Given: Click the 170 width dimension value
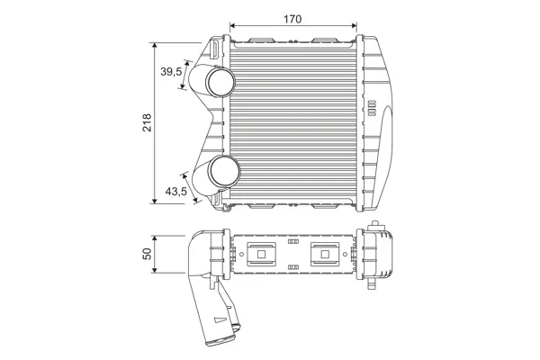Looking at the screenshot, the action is tap(292, 19).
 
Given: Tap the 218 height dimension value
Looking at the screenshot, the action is tap(147, 122).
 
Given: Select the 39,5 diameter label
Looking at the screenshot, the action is tap(171, 72).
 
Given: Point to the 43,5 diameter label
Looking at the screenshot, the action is tap(176, 191).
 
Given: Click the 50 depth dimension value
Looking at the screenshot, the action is tap(147, 254).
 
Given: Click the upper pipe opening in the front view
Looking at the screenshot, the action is tap(220, 82).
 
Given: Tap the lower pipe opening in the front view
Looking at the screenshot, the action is tap(225, 171).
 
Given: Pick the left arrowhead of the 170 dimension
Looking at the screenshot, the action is tap(232, 25).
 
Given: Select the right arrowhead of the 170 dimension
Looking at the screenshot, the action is tap(354, 25).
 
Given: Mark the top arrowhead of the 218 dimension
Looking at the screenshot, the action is tap(155, 46).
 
